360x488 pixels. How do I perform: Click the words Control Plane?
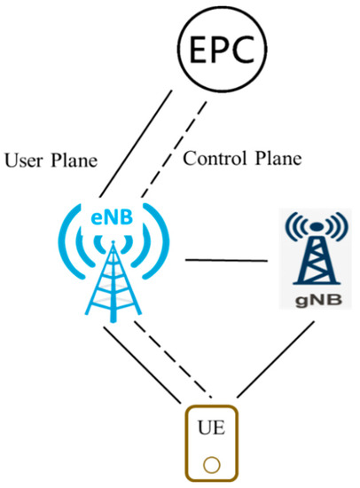coord(241,160)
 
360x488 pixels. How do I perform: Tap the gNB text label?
coord(311,298)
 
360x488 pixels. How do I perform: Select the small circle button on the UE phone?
coord(211,464)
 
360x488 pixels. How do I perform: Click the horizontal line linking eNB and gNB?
coord(225,261)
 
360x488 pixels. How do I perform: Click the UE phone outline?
coord(187,444)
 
